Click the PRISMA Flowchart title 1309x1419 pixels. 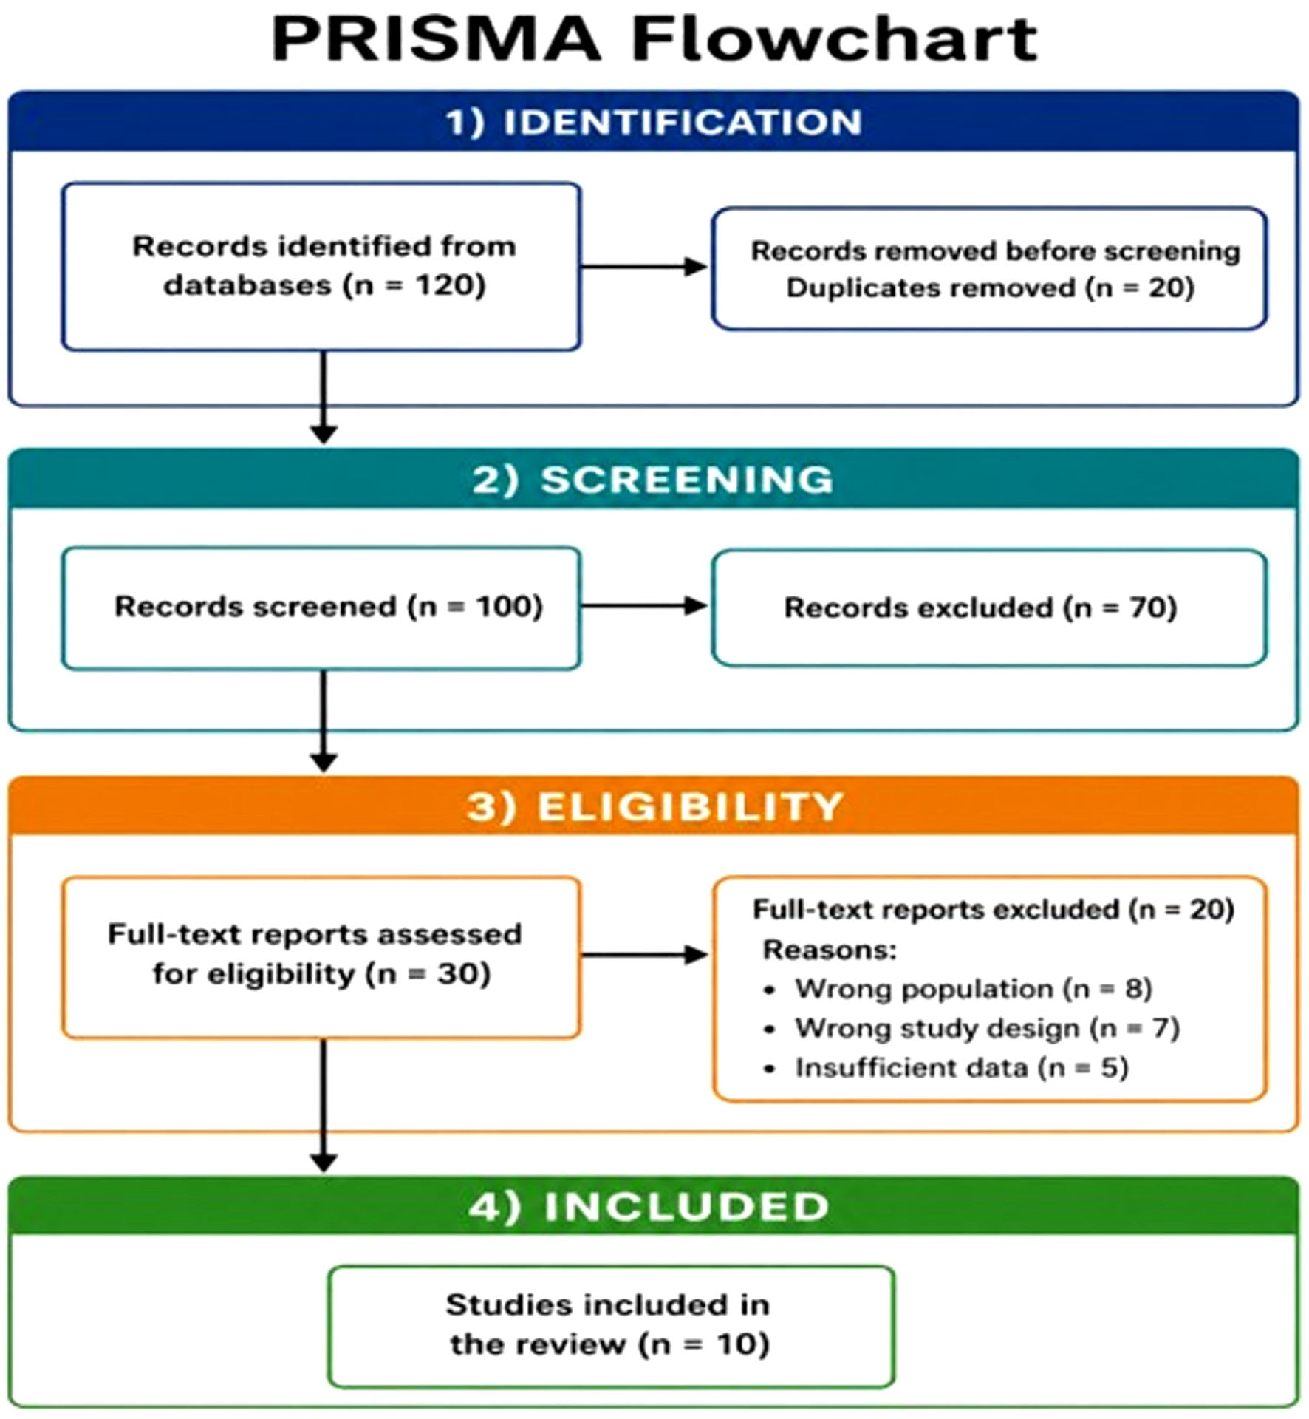[x=654, y=38]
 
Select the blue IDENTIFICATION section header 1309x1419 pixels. [x=654, y=122]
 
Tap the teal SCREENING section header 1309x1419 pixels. [x=654, y=479]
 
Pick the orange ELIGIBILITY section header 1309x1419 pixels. [x=654, y=806]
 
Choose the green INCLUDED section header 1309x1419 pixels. [x=654, y=1205]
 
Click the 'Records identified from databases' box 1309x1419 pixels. [x=321, y=267]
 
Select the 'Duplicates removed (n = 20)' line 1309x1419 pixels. [x=990, y=287]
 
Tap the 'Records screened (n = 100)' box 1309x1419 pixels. [x=321, y=608]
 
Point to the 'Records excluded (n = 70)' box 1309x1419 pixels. [x=990, y=608]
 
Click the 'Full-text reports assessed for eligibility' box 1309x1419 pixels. [x=321, y=957]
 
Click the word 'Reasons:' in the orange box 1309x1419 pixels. [x=830, y=950]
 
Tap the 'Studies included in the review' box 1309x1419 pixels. [x=612, y=1326]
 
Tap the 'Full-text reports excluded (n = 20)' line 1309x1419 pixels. [x=994, y=910]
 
